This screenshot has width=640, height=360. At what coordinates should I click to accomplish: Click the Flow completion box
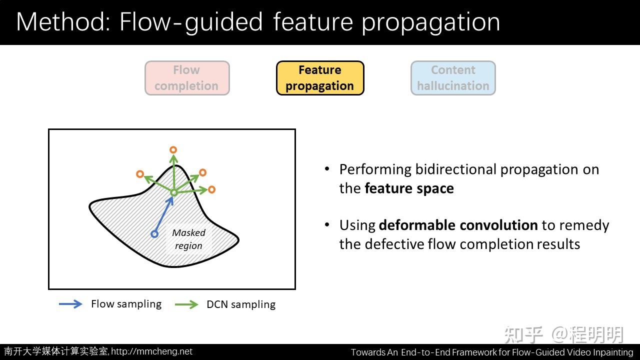coord(187,78)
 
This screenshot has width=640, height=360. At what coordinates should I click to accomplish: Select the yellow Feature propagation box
coord(319,78)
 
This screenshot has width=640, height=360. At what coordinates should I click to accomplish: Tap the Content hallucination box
coord(453,78)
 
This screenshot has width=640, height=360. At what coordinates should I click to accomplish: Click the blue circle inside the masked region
coord(154,233)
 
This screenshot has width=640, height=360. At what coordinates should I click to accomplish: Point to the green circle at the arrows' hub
coord(173,192)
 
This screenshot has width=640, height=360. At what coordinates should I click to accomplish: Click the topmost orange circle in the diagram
coord(173,149)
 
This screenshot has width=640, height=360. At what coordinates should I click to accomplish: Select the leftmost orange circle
coord(140,174)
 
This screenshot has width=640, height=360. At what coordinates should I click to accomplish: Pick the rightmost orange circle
coord(211,189)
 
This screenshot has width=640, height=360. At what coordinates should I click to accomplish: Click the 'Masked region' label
coord(188,239)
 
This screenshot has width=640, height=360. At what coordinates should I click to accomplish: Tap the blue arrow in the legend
coord(70,304)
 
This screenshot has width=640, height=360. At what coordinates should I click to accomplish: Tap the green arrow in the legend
coord(186,304)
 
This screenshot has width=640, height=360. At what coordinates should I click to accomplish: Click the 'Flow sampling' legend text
coord(126,304)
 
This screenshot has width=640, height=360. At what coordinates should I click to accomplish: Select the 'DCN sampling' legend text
coord(240,304)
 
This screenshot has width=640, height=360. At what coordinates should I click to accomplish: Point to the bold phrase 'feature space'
coord(409,188)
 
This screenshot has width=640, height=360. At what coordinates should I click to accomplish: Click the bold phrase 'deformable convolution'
coord(458,225)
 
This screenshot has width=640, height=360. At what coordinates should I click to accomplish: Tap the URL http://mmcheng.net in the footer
coord(151,351)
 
